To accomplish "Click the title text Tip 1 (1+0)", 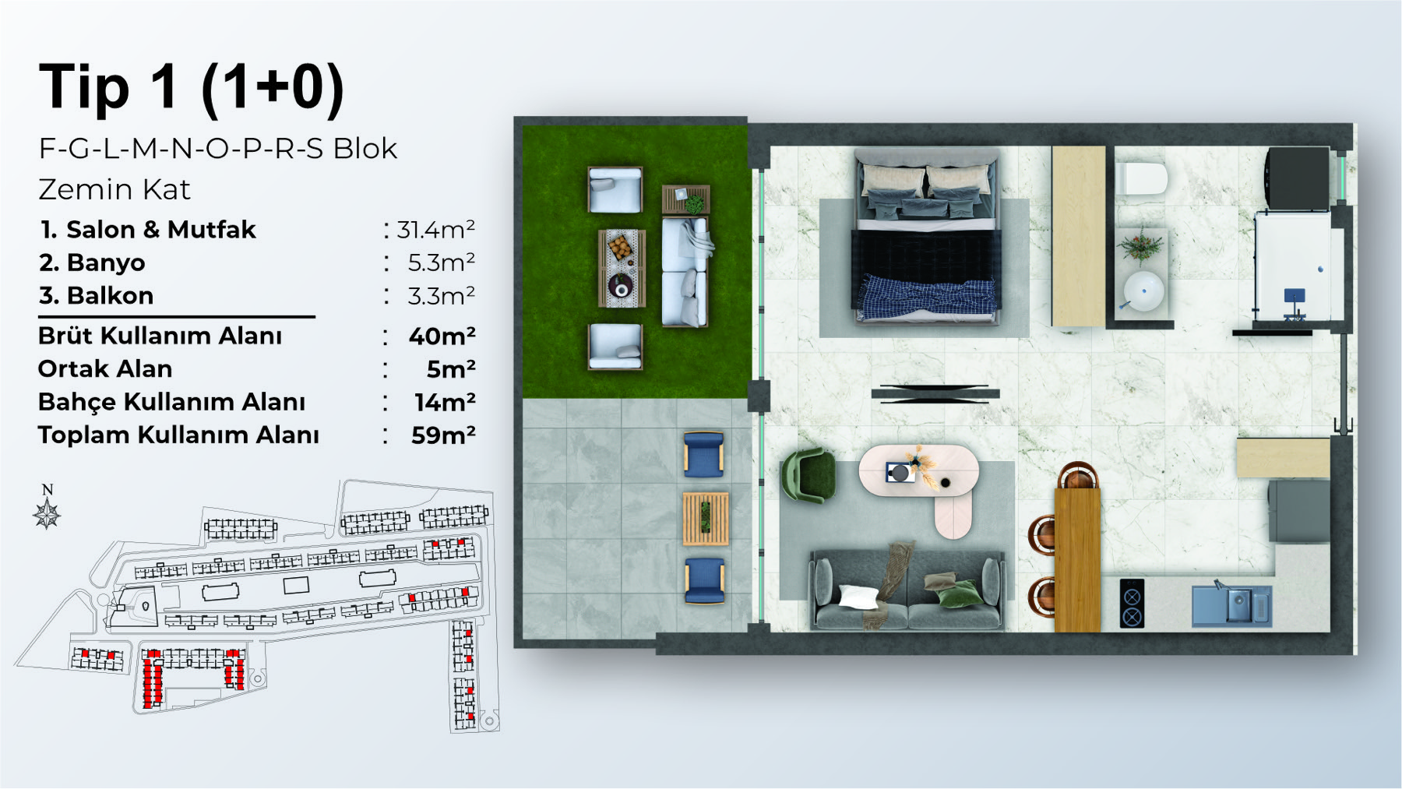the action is [x=192, y=87].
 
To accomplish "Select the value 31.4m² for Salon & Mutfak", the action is [x=436, y=230].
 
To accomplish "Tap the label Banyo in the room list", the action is [x=106, y=263].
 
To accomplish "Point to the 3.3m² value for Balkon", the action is [x=442, y=296].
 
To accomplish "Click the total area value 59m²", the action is [x=443, y=435].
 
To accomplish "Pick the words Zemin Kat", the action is [x=114, y=190].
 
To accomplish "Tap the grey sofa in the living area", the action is [x=907, y=590].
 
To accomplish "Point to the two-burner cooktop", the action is [x=1132, y=603].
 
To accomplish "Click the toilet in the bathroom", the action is [x=1141, y=178].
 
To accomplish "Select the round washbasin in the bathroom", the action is [x=1143, y=291].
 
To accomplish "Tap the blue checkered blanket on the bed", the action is [x=928, y=297].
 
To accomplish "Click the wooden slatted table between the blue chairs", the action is [x=706, y=518].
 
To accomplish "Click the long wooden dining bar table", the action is [x=1078, y=559].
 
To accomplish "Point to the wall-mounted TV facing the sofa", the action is [x=935, y=393].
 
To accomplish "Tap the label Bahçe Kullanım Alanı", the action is [x=171, y=402].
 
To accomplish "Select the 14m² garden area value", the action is [x=445, y=402].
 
